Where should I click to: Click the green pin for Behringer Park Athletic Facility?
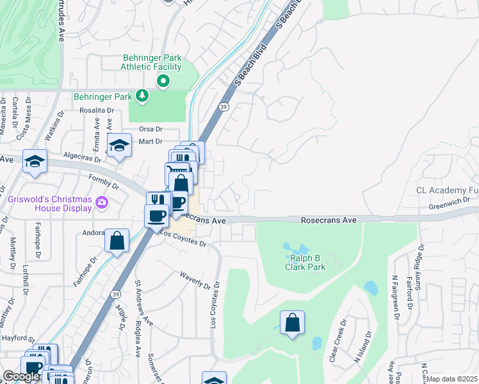[163, 81]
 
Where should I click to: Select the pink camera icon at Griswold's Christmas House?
[101, 203]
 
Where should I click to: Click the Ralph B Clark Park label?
[305, 262]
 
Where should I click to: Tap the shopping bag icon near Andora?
[117, 241]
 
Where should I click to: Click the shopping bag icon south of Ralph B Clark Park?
[292, 323]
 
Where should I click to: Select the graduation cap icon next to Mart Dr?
[118, 146]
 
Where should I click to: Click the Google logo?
[21, 376]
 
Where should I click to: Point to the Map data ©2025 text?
[452, 379]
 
